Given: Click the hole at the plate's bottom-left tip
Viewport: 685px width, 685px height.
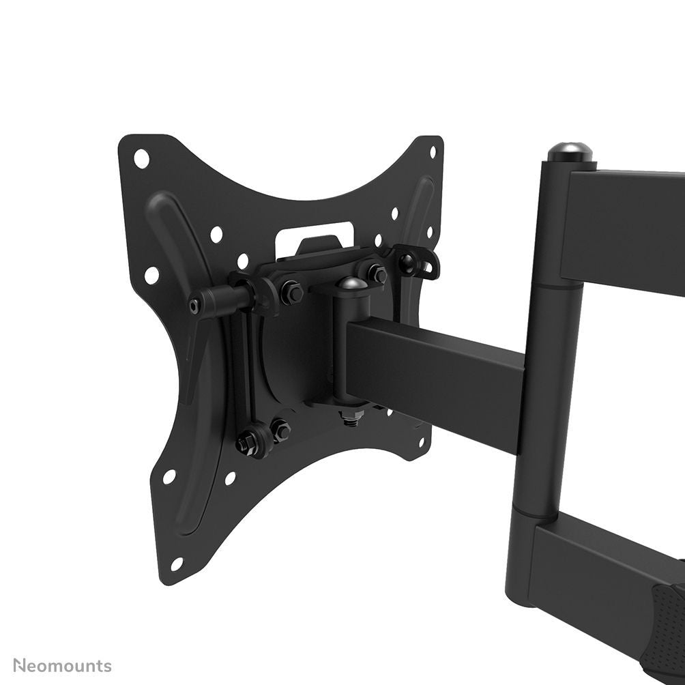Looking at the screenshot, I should coord(177,564).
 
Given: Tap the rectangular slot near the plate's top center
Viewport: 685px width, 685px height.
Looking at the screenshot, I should coord(315,231).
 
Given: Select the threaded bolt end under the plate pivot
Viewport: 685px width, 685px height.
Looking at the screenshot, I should coord(350,419).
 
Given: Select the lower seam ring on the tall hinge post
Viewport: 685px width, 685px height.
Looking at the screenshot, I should coord(539,513).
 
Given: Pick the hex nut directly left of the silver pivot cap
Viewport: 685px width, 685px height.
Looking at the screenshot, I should coord(293,292).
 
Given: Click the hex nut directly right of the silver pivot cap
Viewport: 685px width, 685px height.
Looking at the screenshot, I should coord(377,274).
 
